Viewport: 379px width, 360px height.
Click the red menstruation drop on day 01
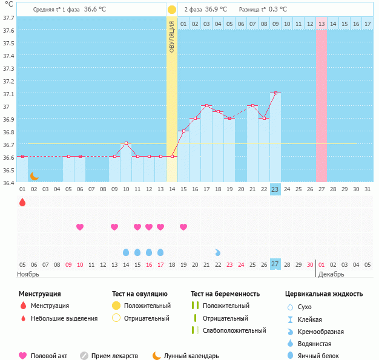pyautogui.click(x=22, y=202)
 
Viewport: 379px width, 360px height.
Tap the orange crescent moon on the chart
pyautogui.click(x=35, y=175)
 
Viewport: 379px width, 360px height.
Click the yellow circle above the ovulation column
pyautogui.click(x=172, y=10)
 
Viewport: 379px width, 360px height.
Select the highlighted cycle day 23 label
pyautogui.click(x=275, y=189)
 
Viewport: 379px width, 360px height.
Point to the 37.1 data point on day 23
pyautogui.click(x=275, y=93)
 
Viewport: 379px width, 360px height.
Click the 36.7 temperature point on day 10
pyautogui.click(x=126, y=143)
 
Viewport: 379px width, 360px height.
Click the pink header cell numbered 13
pyautogui.click(x=321, y=24)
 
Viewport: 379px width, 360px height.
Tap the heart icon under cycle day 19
pyautogui.click(x=183, y=227)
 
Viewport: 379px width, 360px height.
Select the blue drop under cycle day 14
pyautogui.click(x=126, y=252)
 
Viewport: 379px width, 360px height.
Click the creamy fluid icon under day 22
pyautogui.click(x=218, y=252)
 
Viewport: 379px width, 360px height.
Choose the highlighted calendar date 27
pyautogui.click(x=275, y=264)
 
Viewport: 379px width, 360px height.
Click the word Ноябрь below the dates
pyautogui.click(x=28, y=274)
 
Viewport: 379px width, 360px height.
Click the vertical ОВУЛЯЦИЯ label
pyautogui.click(x=172, y=36)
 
